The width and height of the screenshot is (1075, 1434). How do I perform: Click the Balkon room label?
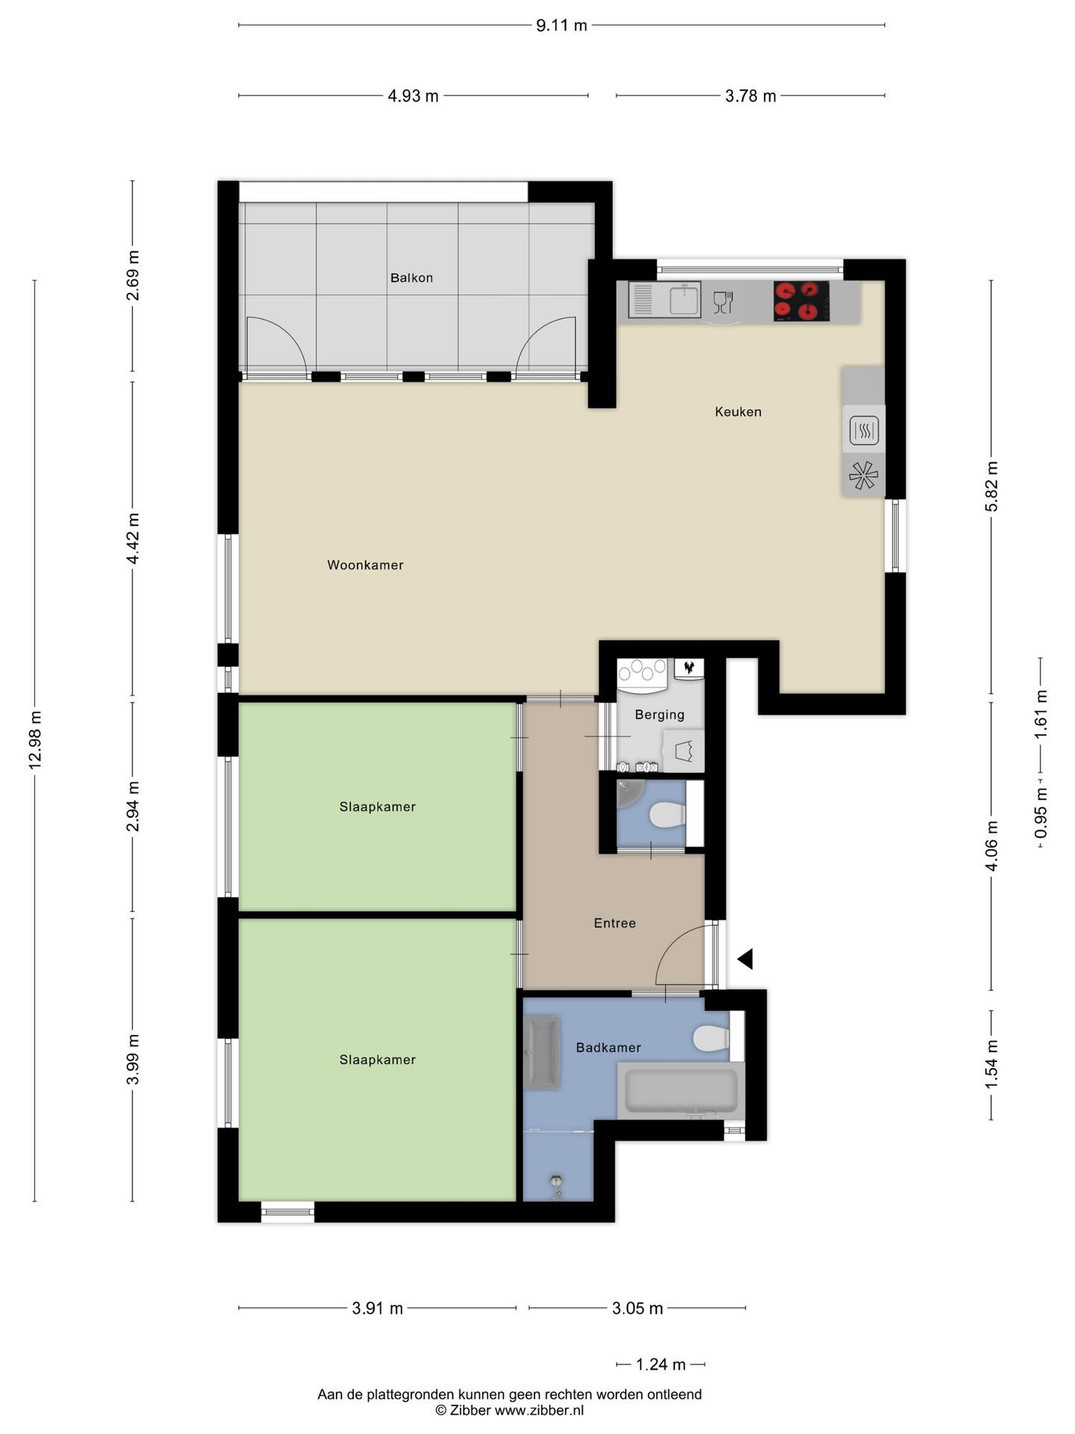(x=411, y=278)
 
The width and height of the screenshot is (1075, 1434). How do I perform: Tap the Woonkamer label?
(x=365, y=565)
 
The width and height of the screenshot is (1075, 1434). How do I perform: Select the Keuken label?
(x=738, y=412)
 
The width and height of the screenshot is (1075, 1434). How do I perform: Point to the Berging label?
(x=659, y=715)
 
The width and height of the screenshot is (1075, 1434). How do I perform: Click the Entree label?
(x=615, y=923)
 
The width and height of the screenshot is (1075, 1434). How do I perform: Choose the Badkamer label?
(x=608, y=1048)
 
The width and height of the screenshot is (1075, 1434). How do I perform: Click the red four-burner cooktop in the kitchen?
(x=801, y=301)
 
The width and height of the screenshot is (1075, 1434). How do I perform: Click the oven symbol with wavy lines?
(x=864, y=430)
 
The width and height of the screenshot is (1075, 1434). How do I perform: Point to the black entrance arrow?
(x=745, y=959)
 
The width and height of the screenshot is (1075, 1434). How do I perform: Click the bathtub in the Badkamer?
(x=681, y=1090)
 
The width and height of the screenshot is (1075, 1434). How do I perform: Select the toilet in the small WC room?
(x=668, y=815)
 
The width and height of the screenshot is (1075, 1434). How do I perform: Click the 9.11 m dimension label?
(x=561, y=25)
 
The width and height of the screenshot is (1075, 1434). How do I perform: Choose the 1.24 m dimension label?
(x=661, y=1365)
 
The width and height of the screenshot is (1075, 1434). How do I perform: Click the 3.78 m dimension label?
(x=750, y=96)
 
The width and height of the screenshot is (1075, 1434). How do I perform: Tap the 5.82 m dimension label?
(x=992, y=486)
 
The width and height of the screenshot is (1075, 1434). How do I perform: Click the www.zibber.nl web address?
(x=539, y=1410)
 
